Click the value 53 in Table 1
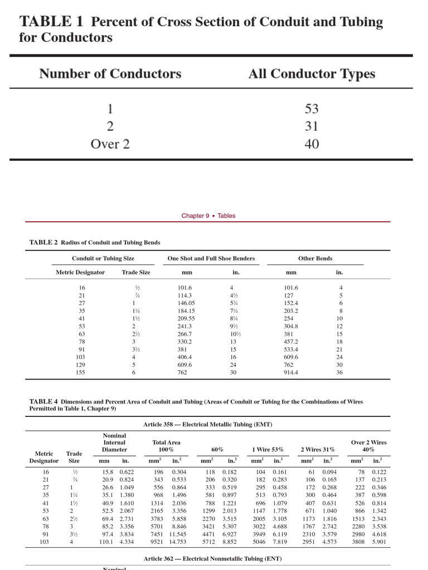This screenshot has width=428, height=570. [x=312, y=109]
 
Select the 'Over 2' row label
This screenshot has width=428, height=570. [x=110, y=144]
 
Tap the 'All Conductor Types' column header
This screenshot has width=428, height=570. [x=312, y=74]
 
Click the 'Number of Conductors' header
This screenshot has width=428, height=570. [x=110, y=74]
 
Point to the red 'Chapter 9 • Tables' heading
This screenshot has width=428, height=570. [x=208, y=216]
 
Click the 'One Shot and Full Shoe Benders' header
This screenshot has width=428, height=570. [x=211, y=258]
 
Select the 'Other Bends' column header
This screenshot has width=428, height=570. [x=315, y=258]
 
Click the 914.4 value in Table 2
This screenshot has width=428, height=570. [x=291, y=373]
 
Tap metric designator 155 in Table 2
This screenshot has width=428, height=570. [x=81, y=373]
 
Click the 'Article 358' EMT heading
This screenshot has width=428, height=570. [x=207, y=425]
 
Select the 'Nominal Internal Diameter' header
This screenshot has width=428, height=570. [x=114, y=443]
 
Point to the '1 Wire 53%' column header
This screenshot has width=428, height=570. [x=267, y=449]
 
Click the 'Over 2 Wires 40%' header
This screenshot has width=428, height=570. [x=368, y=446]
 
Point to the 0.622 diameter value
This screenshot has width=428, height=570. [x=127, y=472]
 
